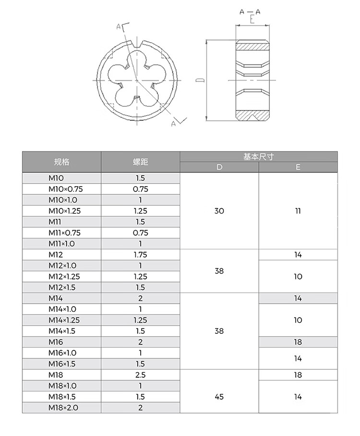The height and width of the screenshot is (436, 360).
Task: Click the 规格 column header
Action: click(62, 162)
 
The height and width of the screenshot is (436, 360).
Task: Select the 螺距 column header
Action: click(140, 162)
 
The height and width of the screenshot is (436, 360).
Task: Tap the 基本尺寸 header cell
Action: click(258, 157)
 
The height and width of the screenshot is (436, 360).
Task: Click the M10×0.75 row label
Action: click(65, 189)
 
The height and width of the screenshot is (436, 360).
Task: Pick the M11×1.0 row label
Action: click(62, 244)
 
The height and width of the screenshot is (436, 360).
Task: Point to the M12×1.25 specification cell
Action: click(64, 276)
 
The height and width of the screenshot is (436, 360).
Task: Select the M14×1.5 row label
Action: click(62, 331)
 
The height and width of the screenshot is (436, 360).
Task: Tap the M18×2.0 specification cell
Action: click(62, 408)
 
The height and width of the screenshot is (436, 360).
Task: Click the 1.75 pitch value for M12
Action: click(140, 255)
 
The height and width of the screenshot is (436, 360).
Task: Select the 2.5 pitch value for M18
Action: click(140, 375)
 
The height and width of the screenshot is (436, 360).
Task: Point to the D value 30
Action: click(219, 211)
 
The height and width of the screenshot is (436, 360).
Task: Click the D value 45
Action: click(219, 397)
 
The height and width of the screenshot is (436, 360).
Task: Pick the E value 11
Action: click(298, 211)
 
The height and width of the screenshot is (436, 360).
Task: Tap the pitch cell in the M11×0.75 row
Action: click(140, 233)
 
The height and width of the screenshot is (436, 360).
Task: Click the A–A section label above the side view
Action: click(250, 12)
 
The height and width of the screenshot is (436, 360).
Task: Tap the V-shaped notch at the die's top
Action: click(136, 45)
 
